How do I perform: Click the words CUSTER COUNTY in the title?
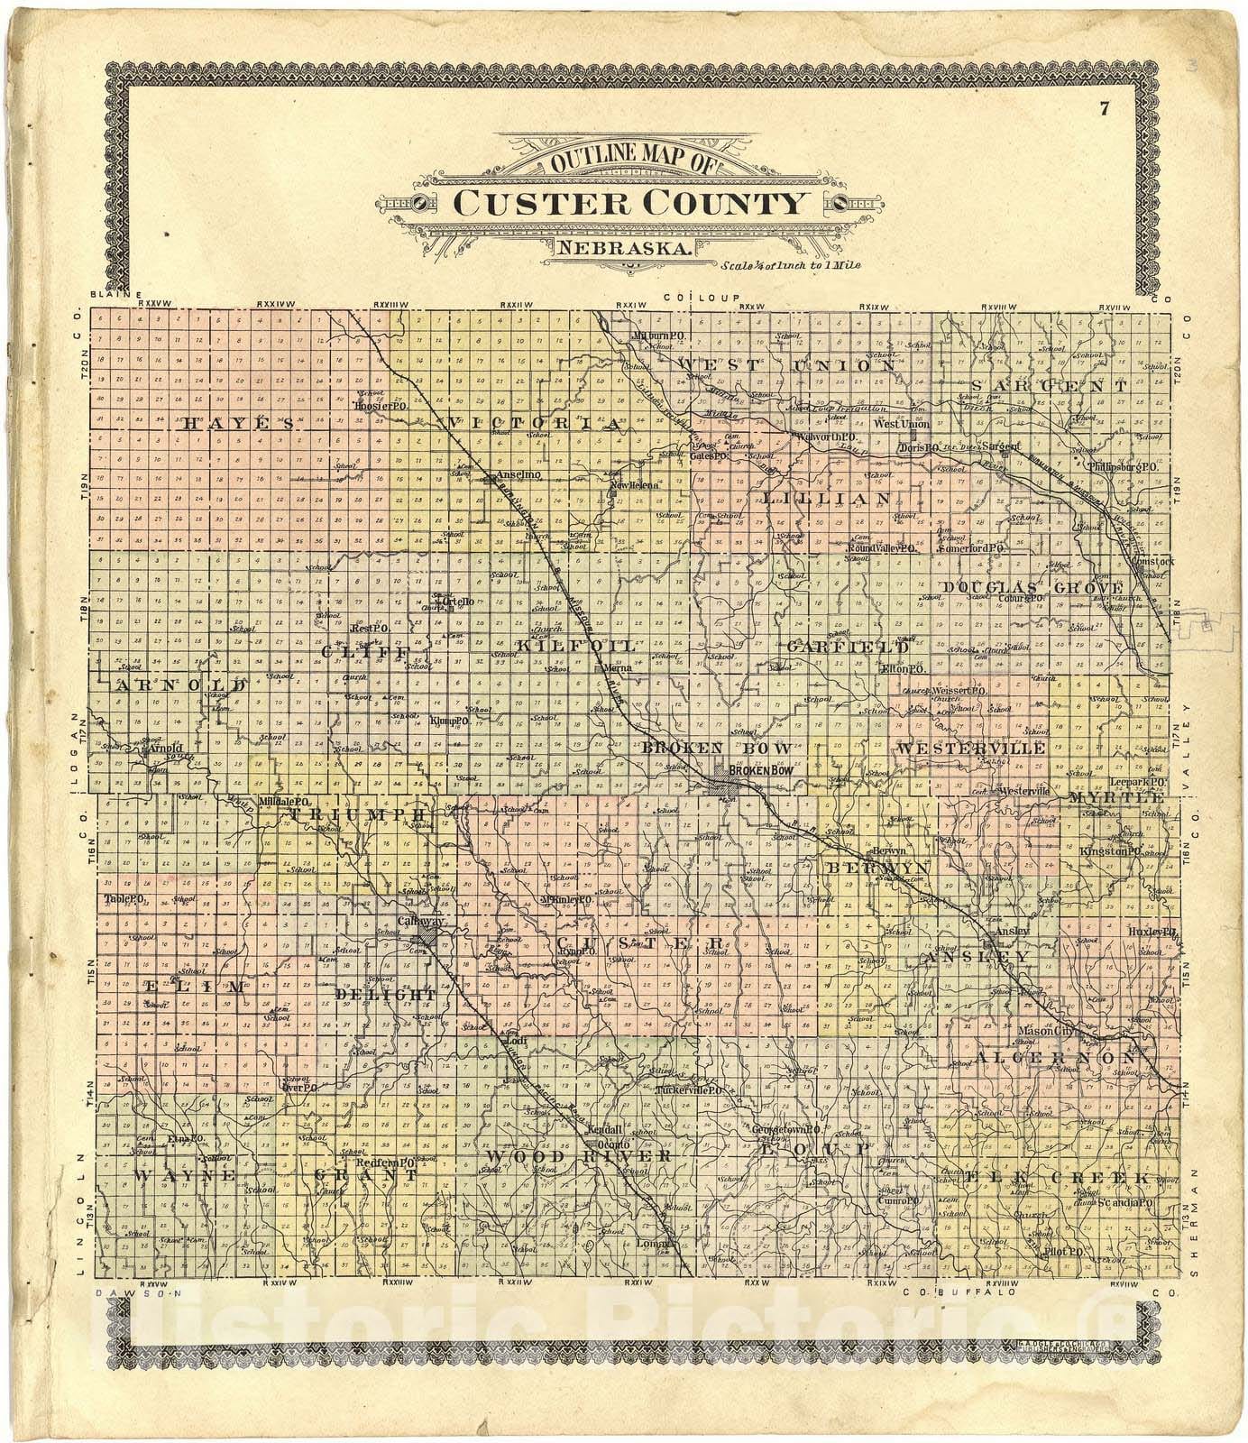[x=629, y=202]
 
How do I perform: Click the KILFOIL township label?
[x=577, y=646]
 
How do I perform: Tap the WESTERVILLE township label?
[x=970, y=749]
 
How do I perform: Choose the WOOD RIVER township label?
[x=578, y=1155]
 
